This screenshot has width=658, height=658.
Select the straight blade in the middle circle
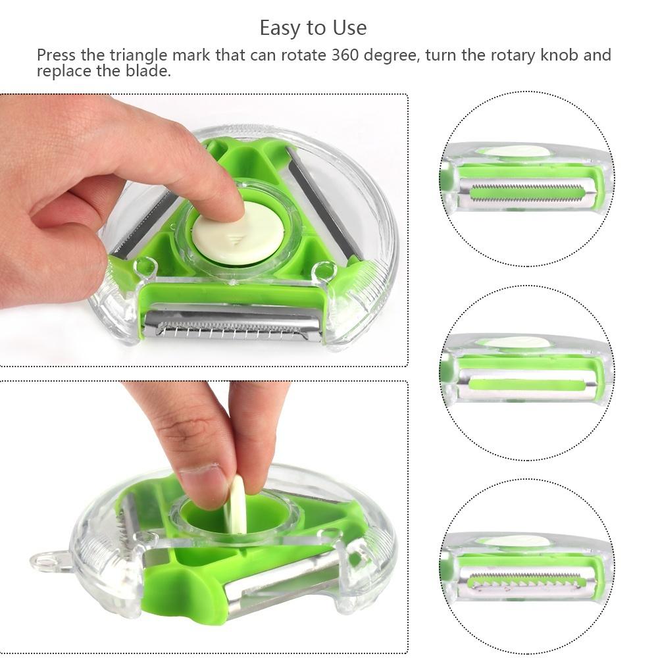point(526,384)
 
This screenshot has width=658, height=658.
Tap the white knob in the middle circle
point(520,342)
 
